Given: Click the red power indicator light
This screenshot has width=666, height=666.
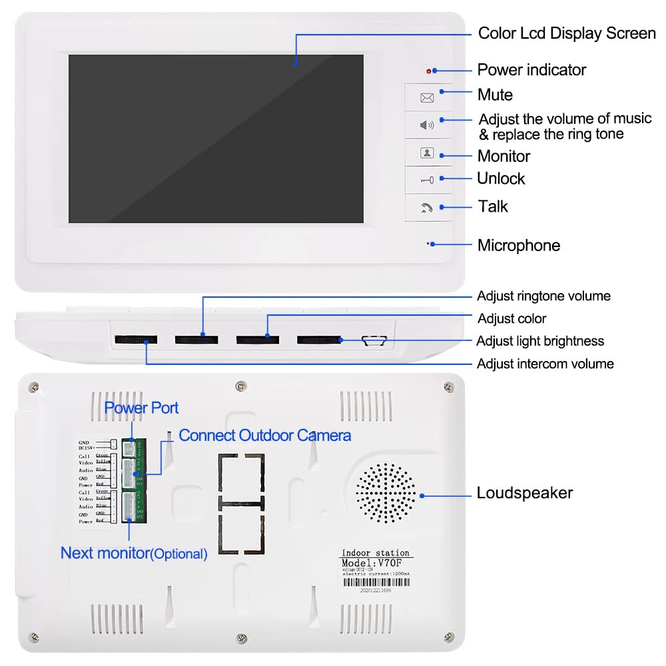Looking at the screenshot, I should tap(430, 71).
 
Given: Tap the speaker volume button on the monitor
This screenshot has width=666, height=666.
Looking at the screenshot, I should tap(427, 125).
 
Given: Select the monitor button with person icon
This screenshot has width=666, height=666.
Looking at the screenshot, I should tap(427, 153).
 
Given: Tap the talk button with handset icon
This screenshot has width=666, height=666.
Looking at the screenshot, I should tap(427, 208).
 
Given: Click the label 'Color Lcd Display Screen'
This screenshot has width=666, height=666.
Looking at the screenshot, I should tap(567, 33).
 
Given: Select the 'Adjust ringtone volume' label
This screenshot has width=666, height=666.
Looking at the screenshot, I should tap(543, 296).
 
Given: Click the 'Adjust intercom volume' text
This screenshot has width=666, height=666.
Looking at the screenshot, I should tap(545, 364).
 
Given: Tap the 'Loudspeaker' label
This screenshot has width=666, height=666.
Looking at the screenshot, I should tap(525, 494).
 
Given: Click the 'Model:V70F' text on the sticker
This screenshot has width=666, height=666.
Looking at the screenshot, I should tap(376, 563).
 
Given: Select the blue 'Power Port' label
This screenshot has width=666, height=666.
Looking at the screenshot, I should tap(141, 408).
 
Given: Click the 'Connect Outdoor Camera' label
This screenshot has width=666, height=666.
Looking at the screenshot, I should tap(265, 436).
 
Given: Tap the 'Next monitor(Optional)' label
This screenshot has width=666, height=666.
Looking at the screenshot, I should tap(134, 553).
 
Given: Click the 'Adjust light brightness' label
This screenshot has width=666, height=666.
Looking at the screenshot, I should tap(540, 341).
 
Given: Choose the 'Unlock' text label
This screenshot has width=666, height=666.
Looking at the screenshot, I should tap(501, 178).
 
